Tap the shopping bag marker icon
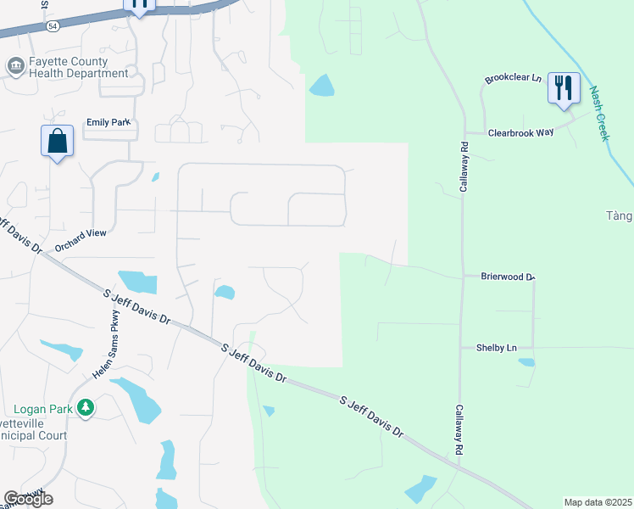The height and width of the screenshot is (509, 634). click(57, 141)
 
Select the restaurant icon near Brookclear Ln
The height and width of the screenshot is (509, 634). click(563, 88)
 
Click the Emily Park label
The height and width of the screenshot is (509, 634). click(108, 122)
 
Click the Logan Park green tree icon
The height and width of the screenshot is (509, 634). click(85, 409)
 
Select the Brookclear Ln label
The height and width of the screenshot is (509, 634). click(513, 78)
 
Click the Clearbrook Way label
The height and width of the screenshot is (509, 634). click(520, 133)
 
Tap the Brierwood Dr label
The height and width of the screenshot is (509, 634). click(509, 277)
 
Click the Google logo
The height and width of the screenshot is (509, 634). click(28, 499)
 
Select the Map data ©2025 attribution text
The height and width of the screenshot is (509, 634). click(598, 502)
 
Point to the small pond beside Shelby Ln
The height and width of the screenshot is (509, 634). click(526, 362)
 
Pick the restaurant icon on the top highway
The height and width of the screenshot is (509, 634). click(140, 4)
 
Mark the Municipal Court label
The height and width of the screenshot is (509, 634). click(34, 429)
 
